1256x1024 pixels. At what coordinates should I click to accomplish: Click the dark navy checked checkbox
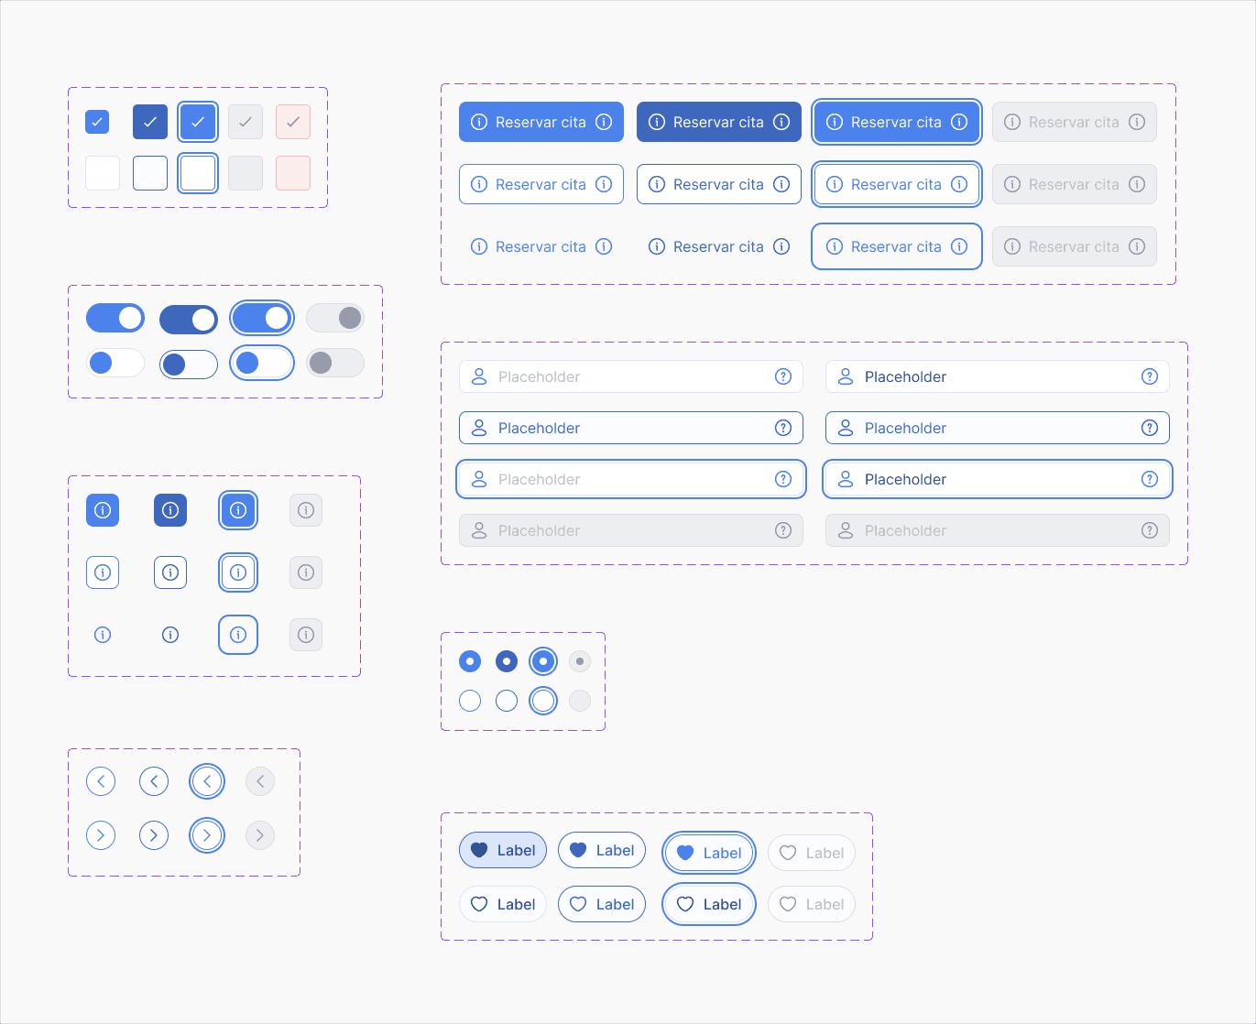[150, 122]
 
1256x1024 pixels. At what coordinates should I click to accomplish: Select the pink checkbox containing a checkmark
[293, 122]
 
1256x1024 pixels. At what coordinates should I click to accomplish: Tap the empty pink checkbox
[293, 173]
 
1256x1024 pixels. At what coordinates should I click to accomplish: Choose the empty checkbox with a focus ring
[198, 173]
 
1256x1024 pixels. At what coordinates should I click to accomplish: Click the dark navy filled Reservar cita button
[718, 122]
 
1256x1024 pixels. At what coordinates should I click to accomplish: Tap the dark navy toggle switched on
[189, 320]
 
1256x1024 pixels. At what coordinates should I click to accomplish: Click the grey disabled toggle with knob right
[335, 318]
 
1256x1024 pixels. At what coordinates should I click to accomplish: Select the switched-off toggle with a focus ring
[262, 363]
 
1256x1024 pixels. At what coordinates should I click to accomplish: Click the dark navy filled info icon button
[170, 510]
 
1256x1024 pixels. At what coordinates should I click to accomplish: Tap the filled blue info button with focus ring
[238, 510]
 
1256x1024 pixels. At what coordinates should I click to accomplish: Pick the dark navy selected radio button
[507, 661]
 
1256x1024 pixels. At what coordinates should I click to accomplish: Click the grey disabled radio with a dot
[580, 661]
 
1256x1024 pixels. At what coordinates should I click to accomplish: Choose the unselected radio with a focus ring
[543, 701]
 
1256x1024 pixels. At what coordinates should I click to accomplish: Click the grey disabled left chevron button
[260, 781]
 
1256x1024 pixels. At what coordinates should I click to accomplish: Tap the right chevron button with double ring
[207, 835]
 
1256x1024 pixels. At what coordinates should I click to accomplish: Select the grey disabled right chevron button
[260, 835]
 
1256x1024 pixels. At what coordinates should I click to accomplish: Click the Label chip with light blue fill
[503, 850]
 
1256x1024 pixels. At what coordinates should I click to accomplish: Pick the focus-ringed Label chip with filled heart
[709, 853]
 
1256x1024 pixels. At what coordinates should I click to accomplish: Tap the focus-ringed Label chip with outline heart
[709, 904]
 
